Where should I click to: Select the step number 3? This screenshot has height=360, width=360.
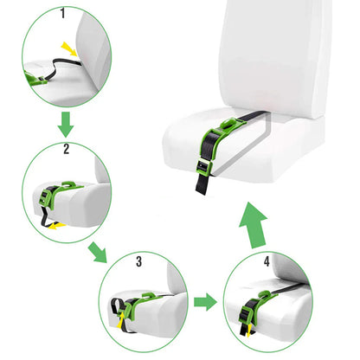point(138,259)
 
